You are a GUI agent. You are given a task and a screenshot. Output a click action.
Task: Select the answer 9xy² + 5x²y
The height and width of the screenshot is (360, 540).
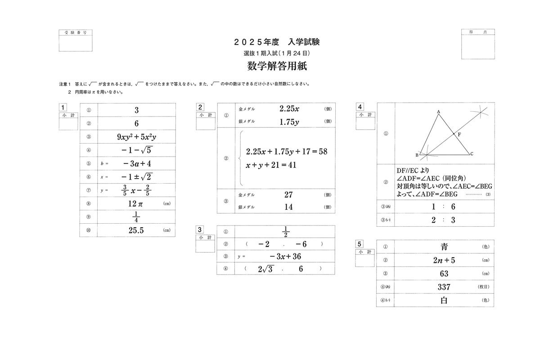point(136,137)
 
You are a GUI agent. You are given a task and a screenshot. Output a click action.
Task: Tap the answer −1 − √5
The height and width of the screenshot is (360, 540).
point(136,150)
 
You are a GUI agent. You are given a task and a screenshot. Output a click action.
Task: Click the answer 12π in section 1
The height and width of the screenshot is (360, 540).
point(135,204)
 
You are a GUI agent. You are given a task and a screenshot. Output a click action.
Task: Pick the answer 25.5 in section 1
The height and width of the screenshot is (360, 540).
point(136,230)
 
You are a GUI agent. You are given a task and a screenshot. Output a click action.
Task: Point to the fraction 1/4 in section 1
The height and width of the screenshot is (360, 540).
point(136,217)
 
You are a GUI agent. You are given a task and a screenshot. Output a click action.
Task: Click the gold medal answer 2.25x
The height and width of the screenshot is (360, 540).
point(289,109)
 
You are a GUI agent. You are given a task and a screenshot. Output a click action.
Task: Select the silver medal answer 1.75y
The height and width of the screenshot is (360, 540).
point(289,122)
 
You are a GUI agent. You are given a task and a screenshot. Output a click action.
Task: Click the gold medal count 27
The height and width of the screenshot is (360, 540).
point(289,195)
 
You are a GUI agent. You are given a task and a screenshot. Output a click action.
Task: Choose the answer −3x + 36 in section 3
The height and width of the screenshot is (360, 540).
point(285,256)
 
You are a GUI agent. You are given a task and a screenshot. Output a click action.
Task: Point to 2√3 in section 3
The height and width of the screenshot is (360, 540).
point(265,269)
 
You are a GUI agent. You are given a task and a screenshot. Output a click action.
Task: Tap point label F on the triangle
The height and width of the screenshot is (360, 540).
point(459,135)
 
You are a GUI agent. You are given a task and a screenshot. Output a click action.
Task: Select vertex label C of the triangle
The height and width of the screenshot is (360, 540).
point(472,154)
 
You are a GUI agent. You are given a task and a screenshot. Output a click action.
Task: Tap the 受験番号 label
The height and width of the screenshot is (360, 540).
point(76,33)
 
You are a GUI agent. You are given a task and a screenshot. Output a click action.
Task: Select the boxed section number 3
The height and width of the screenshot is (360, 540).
point(200,229)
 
